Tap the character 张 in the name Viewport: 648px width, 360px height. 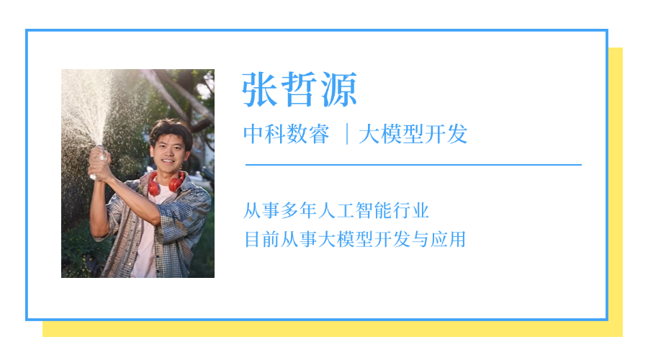(x=260, y=91)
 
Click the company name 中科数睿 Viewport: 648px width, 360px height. (x=286, y=134)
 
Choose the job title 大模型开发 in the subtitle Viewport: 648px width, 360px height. (x=413, y=134)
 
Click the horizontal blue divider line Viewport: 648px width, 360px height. (x=413, y=165)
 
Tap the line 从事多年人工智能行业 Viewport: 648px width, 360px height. (x=336, y=211)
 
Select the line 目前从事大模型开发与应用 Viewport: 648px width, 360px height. (x=355, y=239)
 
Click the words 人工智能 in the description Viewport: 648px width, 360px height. (x=355, y=211)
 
